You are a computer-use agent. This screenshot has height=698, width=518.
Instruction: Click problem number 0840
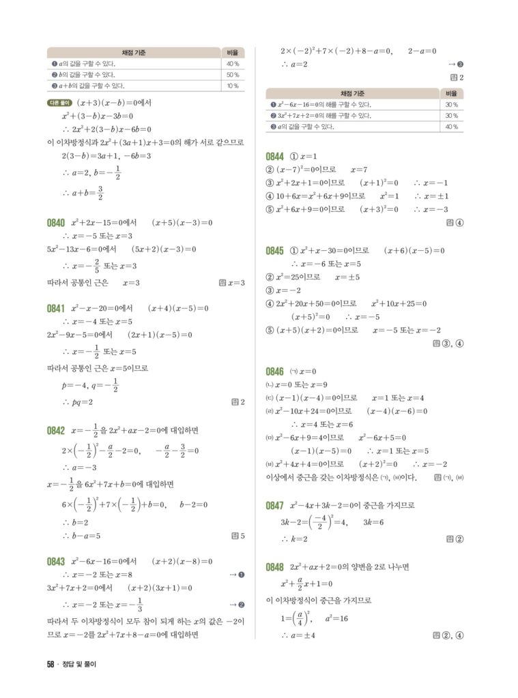tap(56, 223)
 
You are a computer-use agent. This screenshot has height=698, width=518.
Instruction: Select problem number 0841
tap(56, 308)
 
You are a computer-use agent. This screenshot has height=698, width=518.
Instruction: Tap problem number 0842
tap(56, 431)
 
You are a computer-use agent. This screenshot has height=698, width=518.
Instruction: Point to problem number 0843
tap(56, 562)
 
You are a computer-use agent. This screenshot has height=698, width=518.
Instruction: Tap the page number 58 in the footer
tap(51, 665)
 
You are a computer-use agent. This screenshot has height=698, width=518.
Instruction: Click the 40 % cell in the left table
tap(232, 64)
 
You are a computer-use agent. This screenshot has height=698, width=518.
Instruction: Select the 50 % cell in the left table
tap(232, 75)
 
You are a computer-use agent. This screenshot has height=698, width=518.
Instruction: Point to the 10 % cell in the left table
tap(232, 86)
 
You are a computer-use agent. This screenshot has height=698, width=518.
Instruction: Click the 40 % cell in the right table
tap(451, 127)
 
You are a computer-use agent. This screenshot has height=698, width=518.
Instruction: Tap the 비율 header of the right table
tap(451, 93)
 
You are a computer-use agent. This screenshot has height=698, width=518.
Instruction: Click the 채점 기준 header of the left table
tap(134, 52)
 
